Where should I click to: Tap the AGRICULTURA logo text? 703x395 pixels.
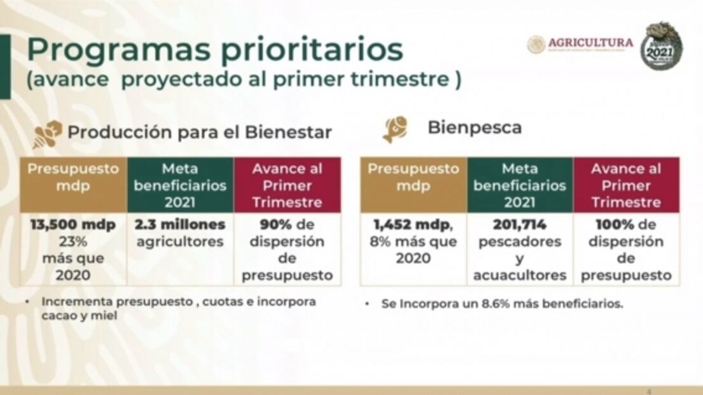click(590, 43)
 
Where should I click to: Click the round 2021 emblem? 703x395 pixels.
click(661, 46)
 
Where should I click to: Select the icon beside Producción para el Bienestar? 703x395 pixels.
click(48, 134)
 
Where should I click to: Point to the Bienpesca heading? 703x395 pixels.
click(475, 127)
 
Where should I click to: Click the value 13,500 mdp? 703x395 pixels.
click(74, 226)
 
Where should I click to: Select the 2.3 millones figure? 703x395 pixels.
click(180, 226)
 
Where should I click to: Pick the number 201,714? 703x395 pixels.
click(520, 226)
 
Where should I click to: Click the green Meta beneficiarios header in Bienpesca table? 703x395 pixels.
click(520, 185)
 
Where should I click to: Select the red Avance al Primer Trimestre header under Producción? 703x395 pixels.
click(287, 185)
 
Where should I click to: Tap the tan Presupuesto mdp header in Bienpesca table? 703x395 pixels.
click(414, 178)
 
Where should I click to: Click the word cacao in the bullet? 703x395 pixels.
click(56, 315)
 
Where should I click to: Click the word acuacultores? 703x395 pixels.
click(520, 275)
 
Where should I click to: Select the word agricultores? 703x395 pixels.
click(180, 242)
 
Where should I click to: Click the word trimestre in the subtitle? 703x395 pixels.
click(398, 81)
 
